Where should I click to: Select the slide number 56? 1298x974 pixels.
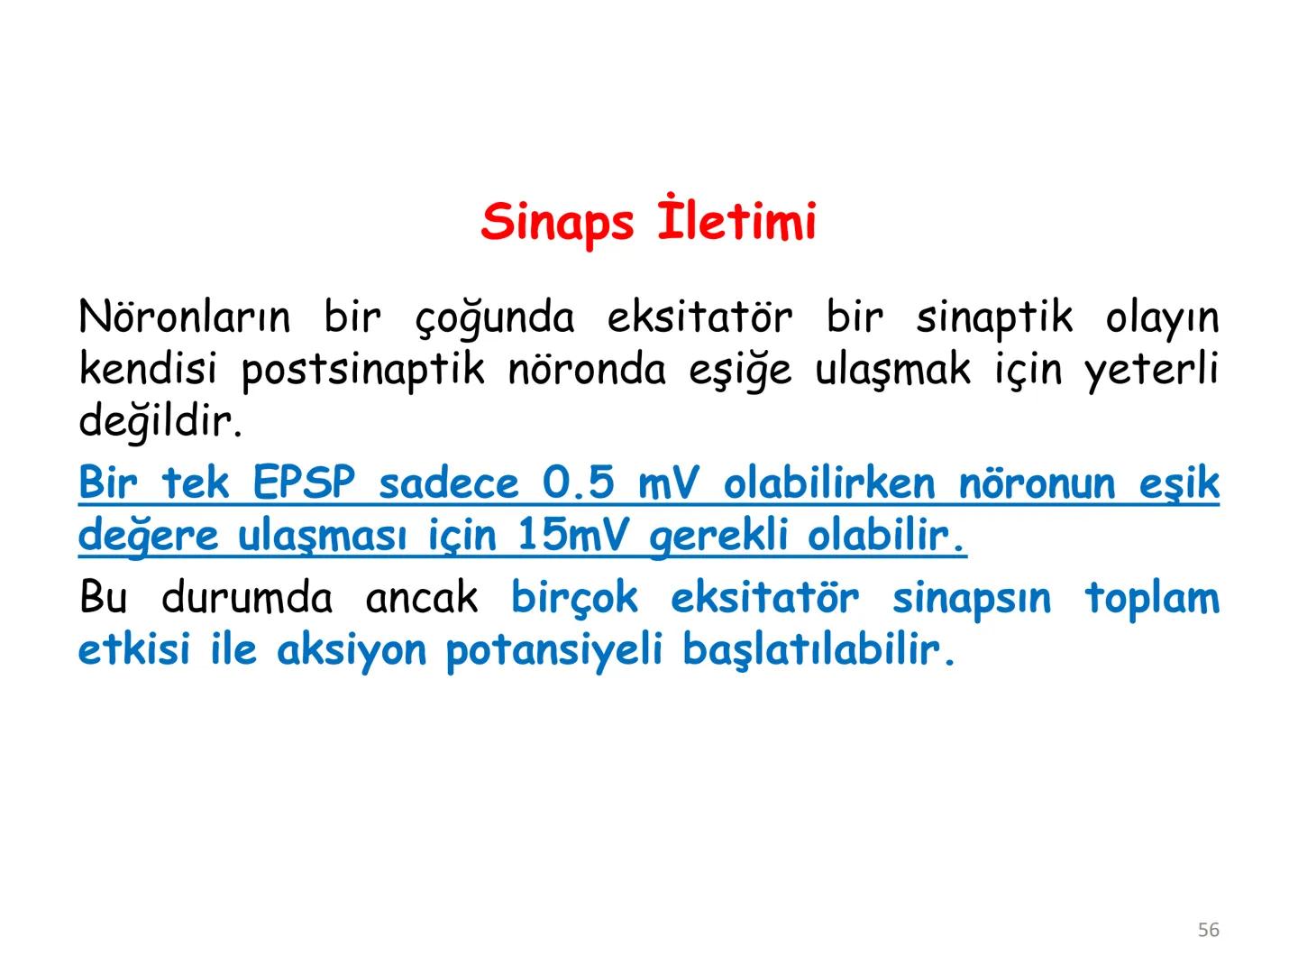(x=1208, y=930)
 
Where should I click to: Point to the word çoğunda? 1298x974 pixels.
(x=495, y=318)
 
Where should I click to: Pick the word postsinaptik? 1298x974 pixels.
(x=363, y=370)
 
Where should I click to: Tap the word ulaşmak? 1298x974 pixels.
(x=893, y=370)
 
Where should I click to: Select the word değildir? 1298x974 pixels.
(x=160, y=421)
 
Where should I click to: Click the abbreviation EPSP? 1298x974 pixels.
(x=305, y=483)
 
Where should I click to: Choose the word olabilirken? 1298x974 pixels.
(x=830, y=483)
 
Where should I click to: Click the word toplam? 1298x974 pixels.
(x=1151, y=599)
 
